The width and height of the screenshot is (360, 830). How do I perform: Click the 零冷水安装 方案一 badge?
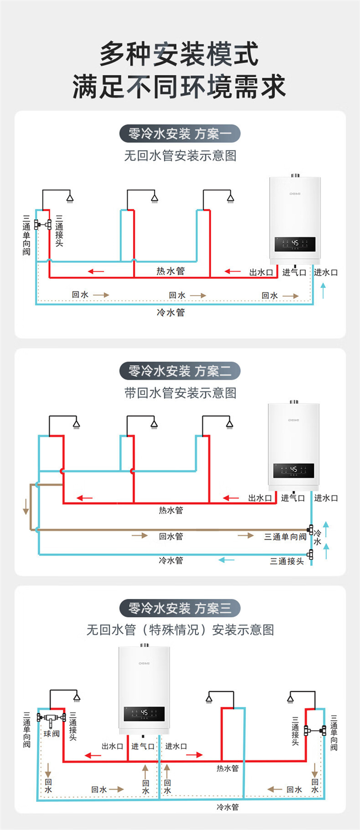pos(180,133)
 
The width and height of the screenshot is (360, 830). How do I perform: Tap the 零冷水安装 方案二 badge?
pos(180,371)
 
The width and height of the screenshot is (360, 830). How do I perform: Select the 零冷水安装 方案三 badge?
pos(180,608)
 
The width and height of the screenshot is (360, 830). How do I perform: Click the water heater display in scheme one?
pos(295,244)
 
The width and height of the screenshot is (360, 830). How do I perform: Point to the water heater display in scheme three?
pos(144,713)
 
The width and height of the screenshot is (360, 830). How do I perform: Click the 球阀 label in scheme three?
pos(51,734)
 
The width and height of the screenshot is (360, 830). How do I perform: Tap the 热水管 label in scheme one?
pos(170,271)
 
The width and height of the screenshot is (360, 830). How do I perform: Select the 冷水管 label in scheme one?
pos(170,313)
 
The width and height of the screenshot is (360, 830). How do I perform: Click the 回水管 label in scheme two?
pos(171,536)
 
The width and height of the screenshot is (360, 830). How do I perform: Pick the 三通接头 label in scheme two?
pos(287,561)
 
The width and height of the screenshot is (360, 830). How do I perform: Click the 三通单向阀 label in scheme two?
pos(285,537)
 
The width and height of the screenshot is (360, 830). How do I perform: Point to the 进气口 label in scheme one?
pos(294,272)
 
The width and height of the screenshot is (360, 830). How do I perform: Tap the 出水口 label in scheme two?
pos(260,498)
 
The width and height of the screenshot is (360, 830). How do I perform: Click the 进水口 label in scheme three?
pos(176,746)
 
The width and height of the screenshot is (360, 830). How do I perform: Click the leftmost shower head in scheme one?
pos(70,198)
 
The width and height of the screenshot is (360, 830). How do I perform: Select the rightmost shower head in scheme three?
pos(291,698)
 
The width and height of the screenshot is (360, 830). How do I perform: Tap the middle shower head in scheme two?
pos(154,424)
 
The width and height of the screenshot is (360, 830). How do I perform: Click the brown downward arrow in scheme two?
pos(26,506)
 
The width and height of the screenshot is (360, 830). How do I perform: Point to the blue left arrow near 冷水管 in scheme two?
pos(227,560)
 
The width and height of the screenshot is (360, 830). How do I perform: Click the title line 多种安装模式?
pos(180,54)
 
